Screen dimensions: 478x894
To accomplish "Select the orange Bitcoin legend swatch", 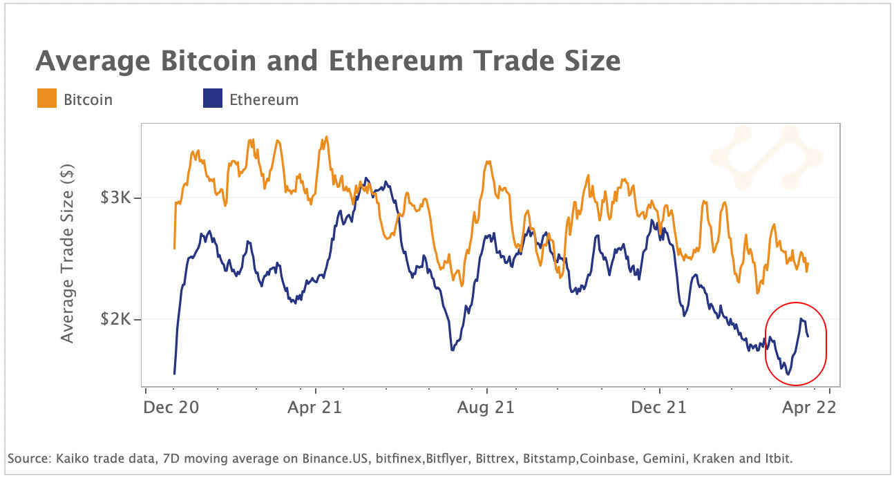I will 46,99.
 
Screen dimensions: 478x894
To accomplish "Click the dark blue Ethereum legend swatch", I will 212,99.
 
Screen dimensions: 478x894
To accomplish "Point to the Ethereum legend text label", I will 264,99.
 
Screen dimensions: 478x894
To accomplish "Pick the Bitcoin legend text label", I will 88,99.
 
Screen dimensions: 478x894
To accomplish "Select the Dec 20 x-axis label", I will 171,407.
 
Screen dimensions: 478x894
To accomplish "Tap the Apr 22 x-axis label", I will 808,407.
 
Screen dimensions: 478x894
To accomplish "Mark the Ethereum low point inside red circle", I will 788,374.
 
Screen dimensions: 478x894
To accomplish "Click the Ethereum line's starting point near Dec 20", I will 174,374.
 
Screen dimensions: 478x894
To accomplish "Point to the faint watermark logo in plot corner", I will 765,157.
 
